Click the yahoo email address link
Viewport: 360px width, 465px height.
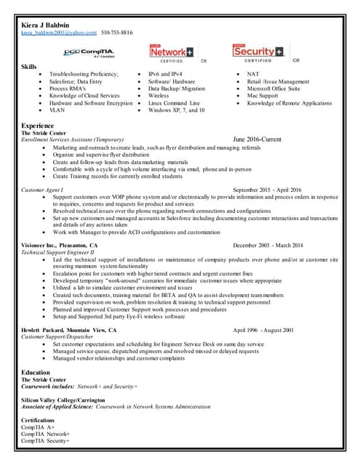[58, 33]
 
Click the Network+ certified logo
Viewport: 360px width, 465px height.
[172, 52]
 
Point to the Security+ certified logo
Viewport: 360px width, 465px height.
[258, 52]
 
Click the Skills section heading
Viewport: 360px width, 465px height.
[29, 67]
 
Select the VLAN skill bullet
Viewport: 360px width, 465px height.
[57, 110]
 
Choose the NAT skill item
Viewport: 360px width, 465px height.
[253, 74]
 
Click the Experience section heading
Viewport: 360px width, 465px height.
[38, 126]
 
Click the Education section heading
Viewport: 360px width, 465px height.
[36, 372]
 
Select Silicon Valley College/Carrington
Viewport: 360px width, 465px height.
[63, 400]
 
